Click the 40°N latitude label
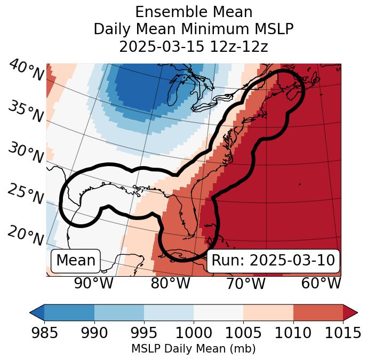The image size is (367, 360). [x=26, y=71]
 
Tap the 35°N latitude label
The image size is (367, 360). [x=26, y=111]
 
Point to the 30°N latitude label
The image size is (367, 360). [x=26, y=153]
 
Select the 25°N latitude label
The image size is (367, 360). [x=26, y=194]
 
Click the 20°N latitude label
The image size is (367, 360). [x=26, y=235]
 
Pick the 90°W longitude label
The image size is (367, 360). [x=93, y=283]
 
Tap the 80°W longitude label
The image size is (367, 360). [x=170, y=283]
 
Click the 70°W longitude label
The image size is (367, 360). [x=245, y=283]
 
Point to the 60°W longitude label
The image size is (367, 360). [x=321, y=283]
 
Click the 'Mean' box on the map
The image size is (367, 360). [x=76, y=261]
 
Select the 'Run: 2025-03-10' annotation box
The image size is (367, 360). [x=273, y=261]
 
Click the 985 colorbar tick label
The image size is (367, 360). [x=44, y=333]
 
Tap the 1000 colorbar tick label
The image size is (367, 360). [x=194, y=333]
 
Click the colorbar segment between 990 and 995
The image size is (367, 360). [x=119, y=312]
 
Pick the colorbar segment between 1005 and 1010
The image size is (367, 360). [x=268, y=312]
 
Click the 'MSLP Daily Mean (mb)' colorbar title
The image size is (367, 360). [x=193, y=349]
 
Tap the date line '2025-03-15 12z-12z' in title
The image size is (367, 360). [x=193, y=46]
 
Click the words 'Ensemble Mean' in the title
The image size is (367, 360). [x=193, y=12]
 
